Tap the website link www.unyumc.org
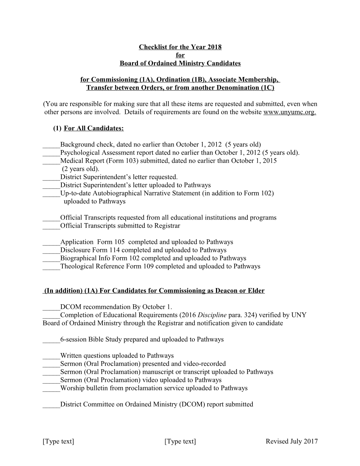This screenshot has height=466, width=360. pos(289,112)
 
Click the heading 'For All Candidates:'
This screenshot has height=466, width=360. pos(94,128)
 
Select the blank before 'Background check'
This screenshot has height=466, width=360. pos(51,145)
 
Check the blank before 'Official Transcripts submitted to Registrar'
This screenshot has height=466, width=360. pos(51,226)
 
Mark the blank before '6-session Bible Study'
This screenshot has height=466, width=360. pos(51,340)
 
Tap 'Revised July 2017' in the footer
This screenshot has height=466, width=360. pos(292,441)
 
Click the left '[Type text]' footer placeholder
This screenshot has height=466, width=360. pos(58,441)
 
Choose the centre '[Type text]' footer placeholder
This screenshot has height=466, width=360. pos(180,441)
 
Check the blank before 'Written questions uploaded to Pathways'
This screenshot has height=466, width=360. pos(51,356)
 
